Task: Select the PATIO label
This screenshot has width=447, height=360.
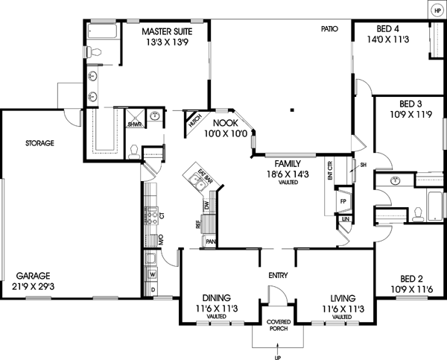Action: click(x=330, y=29)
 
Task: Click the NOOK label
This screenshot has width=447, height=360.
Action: click(x=226, y=123)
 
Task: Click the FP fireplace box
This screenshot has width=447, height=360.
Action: click(x=344, y=201)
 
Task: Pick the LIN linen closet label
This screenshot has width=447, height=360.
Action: click(x=345, y=220)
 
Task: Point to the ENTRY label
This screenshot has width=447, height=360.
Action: click(x=277, y=275)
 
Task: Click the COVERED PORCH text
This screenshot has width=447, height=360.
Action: click(x=278, y=326)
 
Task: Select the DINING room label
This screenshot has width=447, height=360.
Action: click(x=216, y=297)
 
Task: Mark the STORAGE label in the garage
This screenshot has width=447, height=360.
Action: click(x=39, y=142)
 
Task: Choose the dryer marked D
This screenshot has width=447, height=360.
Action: click(x=153, y=289)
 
